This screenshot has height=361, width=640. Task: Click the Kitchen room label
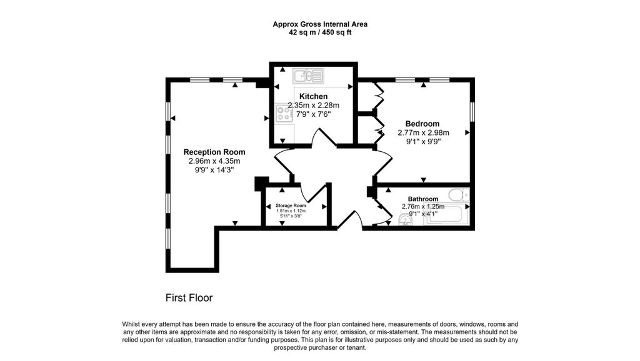point(314,97)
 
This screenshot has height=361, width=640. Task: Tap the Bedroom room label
point(422,124)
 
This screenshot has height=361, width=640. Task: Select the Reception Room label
point(214,152)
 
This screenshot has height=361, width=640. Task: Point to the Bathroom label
point(423,199)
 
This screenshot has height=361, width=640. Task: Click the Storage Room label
point(291,205)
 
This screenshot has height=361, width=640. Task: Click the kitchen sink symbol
point(308,76)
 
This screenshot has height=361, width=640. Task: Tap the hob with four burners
point(284,114)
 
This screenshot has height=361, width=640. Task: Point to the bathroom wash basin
point(405,220)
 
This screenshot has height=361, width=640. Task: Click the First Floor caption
point(189,298)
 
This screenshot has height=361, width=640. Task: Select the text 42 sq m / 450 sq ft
point(320,32)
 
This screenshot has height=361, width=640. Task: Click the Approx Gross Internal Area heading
point(320,24)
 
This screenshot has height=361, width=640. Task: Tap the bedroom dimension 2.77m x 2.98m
point(423,132)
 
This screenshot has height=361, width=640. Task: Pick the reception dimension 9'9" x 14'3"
point(214,170)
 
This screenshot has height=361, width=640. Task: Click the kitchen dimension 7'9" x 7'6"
point(314,114)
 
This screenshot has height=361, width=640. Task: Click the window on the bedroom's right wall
point(472,111)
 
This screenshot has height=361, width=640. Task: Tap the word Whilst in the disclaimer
point(131,325)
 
